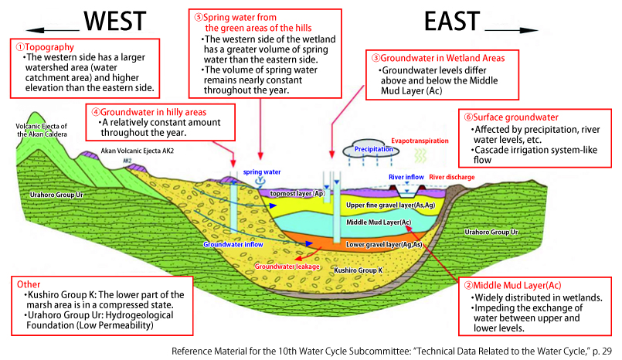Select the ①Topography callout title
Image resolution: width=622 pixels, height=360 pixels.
[x=42, y=46]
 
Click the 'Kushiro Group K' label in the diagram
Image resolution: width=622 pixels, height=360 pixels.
[x=359, y=271]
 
